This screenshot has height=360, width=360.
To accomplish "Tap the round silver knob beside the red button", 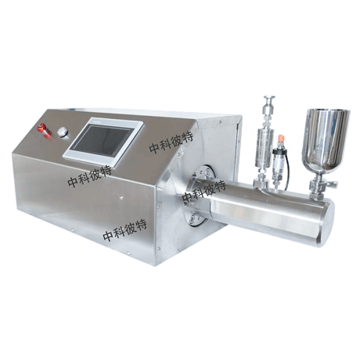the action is click(63, 131).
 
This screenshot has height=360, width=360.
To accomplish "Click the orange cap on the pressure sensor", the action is click(281, 139).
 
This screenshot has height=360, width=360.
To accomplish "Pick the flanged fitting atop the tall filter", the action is click(268, 99).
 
